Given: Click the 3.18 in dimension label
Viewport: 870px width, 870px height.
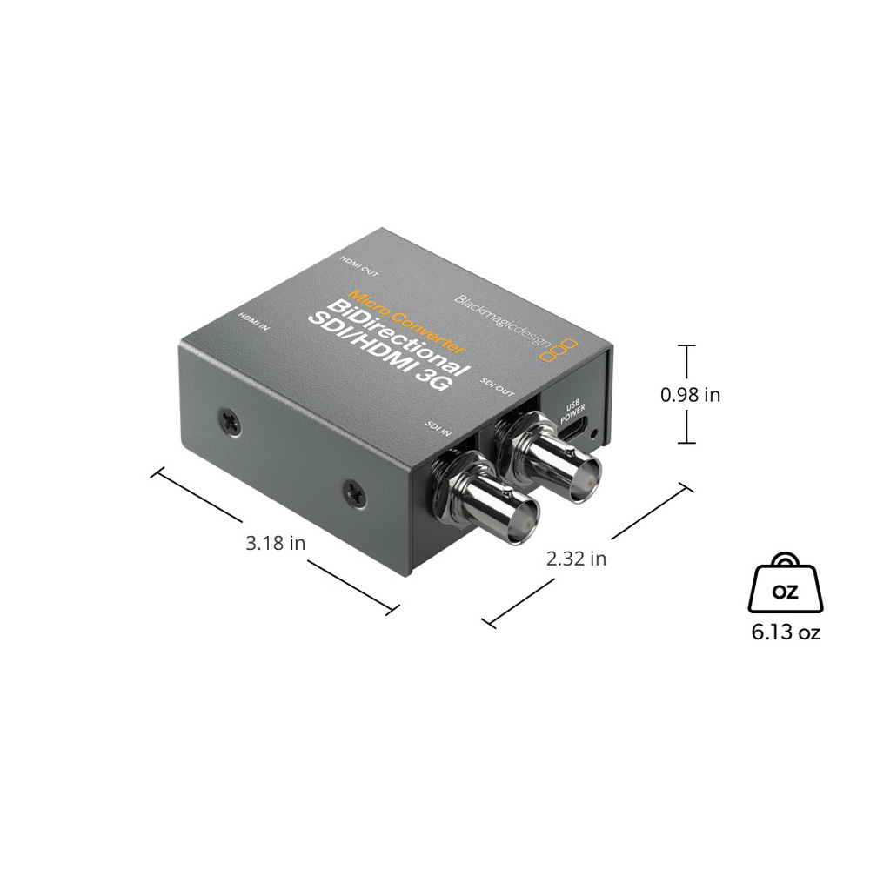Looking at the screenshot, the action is tap(275, 543).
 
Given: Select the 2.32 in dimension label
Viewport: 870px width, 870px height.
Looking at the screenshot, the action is tap(576, 559).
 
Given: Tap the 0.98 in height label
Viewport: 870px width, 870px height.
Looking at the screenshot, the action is tap(690, 394).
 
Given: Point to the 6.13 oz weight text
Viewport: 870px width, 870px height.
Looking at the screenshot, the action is tap(786, 632).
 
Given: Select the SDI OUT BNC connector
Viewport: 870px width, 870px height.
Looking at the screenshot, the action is tap(549, 458).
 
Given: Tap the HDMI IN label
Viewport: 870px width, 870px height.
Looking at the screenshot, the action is tap(253, 321).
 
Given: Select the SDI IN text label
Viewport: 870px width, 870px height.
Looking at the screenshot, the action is tap(438, 426).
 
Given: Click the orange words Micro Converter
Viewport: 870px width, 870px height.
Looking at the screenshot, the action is tap(406, 321).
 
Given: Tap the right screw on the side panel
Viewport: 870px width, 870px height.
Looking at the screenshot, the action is tap(354, 492).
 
